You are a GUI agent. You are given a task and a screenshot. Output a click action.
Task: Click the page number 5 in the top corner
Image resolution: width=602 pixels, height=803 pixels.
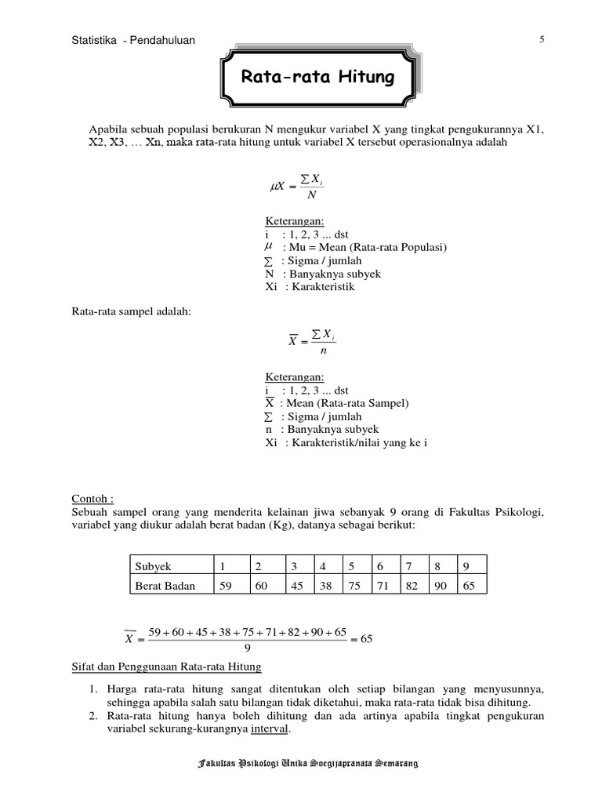click(x=541, y=40)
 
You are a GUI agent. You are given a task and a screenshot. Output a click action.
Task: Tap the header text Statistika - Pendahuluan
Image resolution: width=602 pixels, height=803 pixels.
click(x=133, y=40)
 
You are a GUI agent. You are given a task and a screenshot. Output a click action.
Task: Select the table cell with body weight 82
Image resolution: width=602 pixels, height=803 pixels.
click(x=410, y=585)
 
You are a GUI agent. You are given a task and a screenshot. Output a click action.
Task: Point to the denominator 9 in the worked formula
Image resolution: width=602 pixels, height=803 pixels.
click(x=248, y=648)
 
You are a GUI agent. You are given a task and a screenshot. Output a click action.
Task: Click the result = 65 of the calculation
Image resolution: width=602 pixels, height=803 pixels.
click(x=362, y=639)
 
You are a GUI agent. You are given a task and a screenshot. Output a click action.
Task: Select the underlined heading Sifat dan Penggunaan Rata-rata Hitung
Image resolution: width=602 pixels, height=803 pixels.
click(x=166, y=667)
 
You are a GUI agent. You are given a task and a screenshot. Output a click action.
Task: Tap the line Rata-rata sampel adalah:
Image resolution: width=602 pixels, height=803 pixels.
click(x=132, y=312)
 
